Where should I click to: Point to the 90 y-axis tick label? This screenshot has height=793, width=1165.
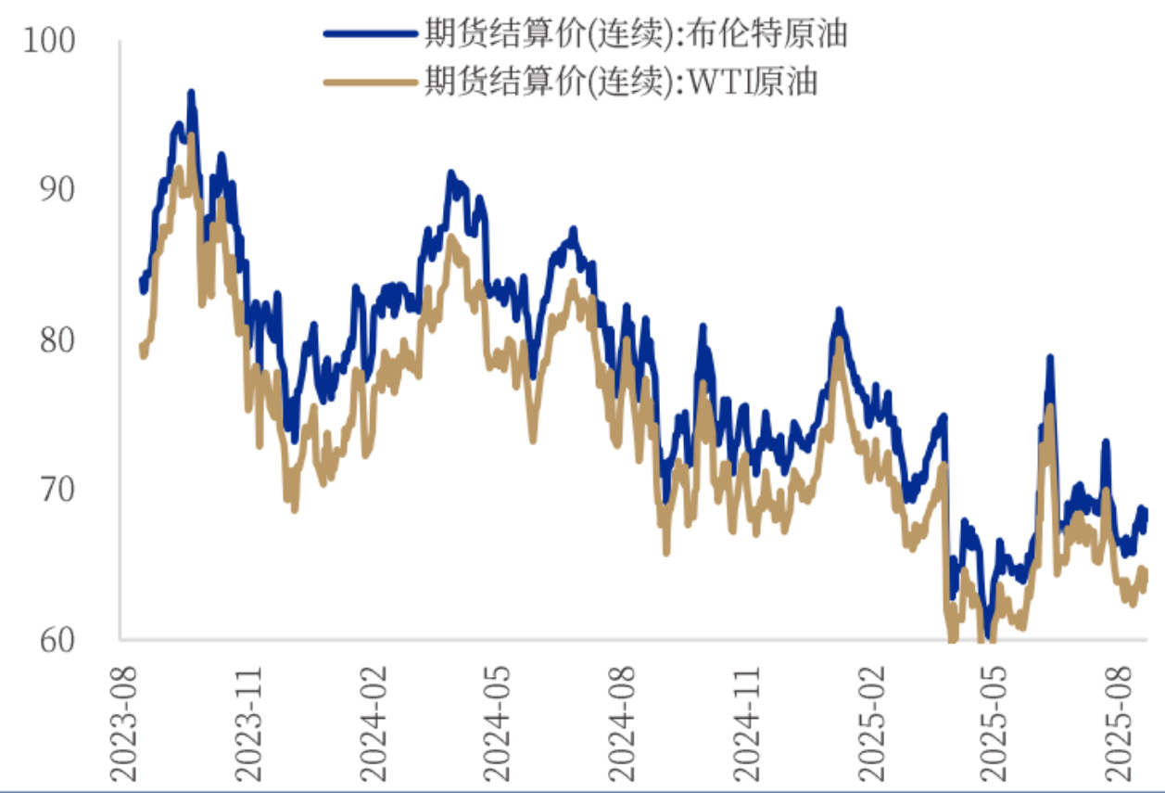(56, 189)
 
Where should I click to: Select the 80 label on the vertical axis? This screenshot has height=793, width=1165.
(56, 340)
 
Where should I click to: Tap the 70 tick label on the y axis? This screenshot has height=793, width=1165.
(56, 489)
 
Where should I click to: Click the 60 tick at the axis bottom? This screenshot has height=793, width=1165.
(56, 639)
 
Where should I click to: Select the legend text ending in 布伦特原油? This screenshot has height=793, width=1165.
(636, 34)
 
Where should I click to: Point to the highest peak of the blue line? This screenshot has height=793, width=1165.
(191, 93)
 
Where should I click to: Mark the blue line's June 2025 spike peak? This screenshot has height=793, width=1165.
(1050, 358)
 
